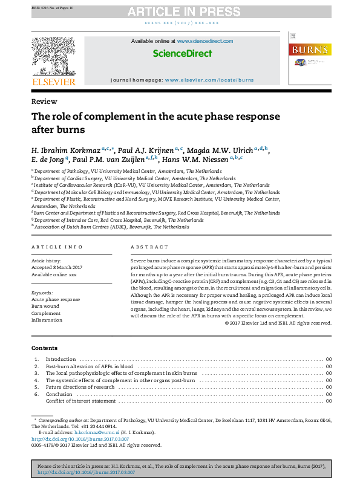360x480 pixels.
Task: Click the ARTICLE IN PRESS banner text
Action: point(179,11)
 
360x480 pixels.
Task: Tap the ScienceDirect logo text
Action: point(182,53)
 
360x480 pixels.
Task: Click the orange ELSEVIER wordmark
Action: point(53,82)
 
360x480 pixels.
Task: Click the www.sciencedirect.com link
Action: point(205,41)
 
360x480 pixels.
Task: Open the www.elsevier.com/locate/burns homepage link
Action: point(209,80)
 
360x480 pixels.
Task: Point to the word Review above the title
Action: point(44,102)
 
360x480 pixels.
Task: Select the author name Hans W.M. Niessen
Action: point(196,159)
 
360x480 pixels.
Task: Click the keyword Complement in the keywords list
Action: point(46,313)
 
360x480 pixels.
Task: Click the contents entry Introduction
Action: point(61,359)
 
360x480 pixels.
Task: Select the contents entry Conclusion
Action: point(59,394)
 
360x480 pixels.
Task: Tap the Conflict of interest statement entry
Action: point(80,401)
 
